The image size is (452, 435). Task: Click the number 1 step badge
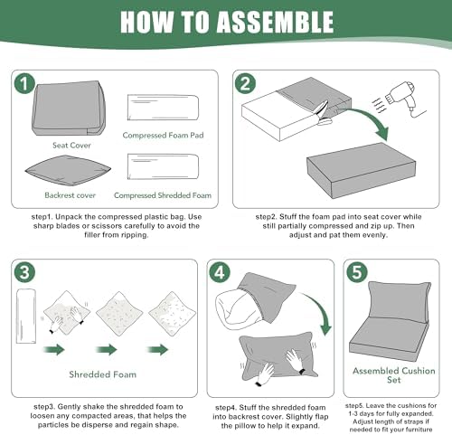[24, 83]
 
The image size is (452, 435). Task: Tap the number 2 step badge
[245, 83]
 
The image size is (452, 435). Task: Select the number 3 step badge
[24, 272]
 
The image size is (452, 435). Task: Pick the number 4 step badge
[220, 272]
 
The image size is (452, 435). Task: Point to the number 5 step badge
[357, 272]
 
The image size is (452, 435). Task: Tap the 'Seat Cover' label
[71, 146]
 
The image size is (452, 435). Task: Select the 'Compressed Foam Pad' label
[163, 135]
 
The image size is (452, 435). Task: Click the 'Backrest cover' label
[70, 195]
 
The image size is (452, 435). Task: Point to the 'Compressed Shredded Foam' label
[163, 195]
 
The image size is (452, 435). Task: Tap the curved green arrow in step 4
[322, 310]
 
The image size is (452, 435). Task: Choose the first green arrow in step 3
[54, 350]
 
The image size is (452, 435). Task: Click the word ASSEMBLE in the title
[275, 22]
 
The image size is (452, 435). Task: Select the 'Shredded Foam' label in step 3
[103, 374]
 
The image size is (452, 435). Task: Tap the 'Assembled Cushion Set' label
[394, 375]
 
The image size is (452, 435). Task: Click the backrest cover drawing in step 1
[68, 171]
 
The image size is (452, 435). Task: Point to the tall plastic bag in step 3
[26, 316]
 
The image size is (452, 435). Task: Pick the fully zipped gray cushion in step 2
[362, 170]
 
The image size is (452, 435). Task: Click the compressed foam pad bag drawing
[163, 108]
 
